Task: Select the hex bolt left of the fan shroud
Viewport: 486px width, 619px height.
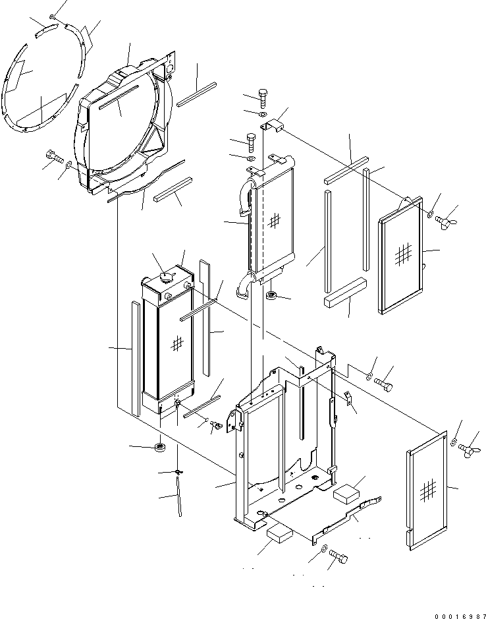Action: (x=54, y=157)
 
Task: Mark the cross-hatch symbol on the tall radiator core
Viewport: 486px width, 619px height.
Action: (x=176, y=342)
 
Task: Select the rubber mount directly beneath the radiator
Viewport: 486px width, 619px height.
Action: (x=159, y=449)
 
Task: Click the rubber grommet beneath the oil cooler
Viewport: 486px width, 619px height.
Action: (x=271, y=296)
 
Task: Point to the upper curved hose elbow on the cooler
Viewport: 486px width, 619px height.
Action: (x=245, y=197)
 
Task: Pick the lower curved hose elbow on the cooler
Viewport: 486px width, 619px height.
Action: (x=246, y=284)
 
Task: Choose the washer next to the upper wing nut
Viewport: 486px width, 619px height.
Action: (x=430, y=214)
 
